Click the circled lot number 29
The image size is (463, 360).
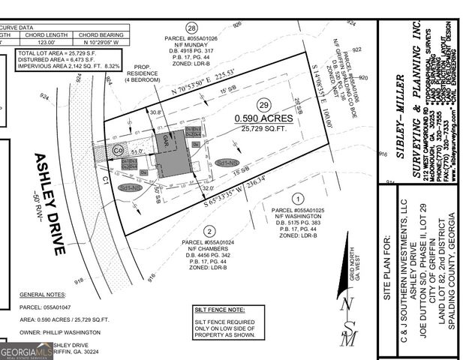[263, 106]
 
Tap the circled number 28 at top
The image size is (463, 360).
[191, 27]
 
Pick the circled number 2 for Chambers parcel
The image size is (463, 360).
[209, 231]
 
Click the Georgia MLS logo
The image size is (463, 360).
[27, 350]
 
